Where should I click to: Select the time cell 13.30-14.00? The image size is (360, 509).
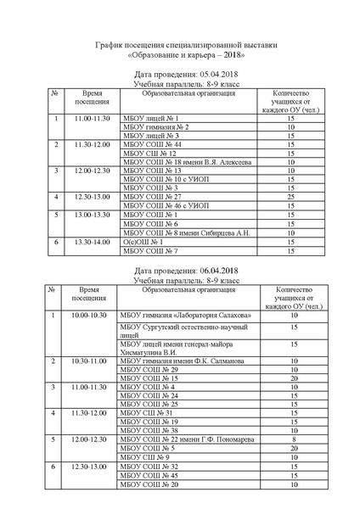coord(93,242)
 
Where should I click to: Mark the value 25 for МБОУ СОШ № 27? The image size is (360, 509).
coord(290,197)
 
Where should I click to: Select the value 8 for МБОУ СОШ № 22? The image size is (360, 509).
coord(293,439)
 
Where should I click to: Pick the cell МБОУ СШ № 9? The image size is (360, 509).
coord(145,457)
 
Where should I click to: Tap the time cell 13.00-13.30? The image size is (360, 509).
coord(93,215)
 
